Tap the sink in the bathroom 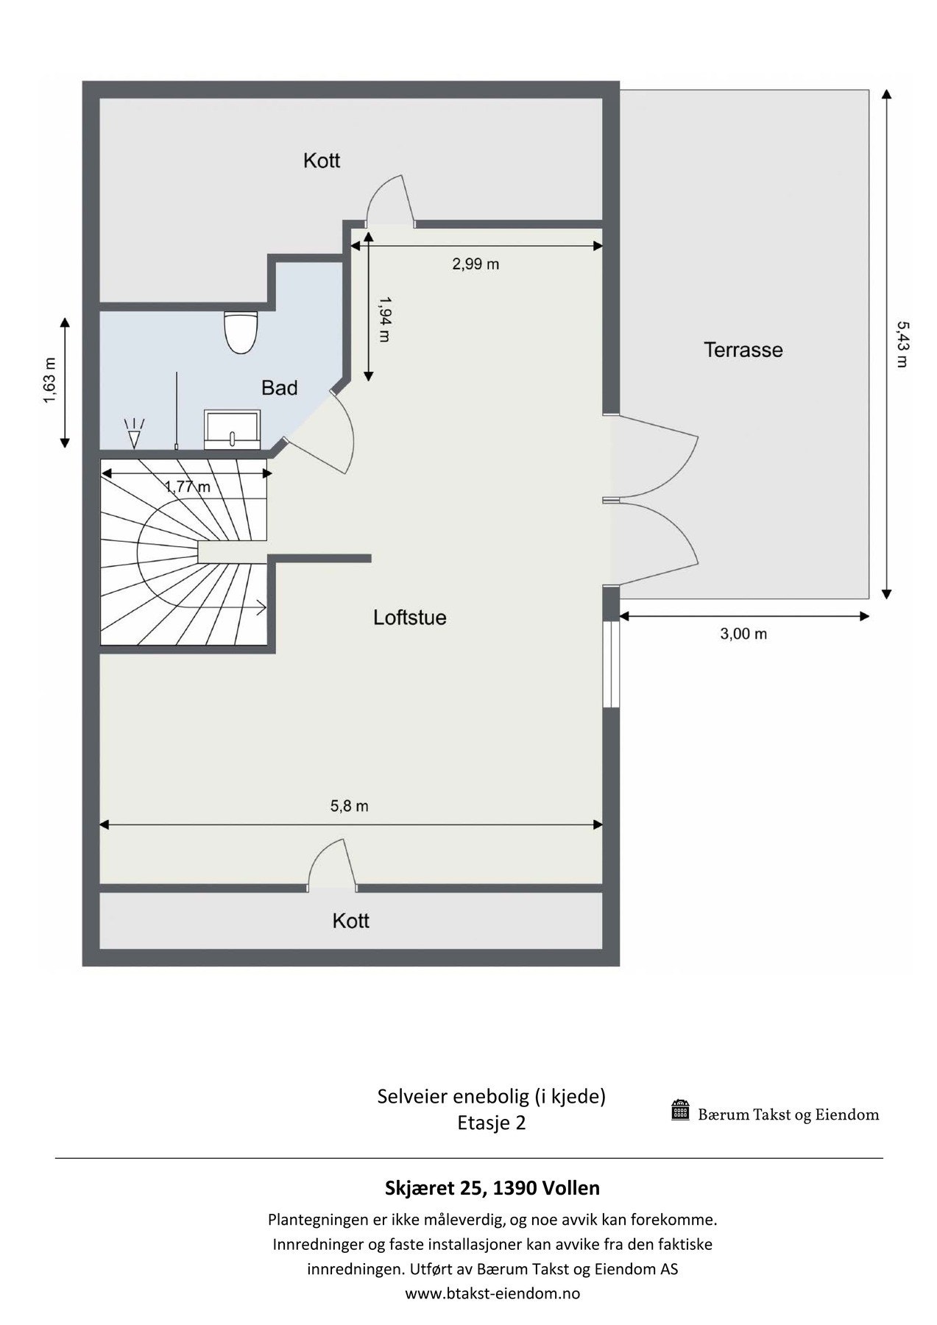pyautogui.click(x=233, y=430)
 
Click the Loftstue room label pyautogui.click(x=409, y=617)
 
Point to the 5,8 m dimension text pyautogui.click(x=349, y=806)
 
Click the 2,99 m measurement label pyautogui.click(x=475, y=264)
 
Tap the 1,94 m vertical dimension pyautogui.click(x=384, y=319)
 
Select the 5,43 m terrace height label pyautogui.click(x=902, y=344)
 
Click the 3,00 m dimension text pyautogui.click(x=743, y=634)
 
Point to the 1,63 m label pyautogui.click(x=49, y=381)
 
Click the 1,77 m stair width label pyautogui.click(x=187, y=487)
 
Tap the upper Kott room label pyautogui.click(x=322, y=160)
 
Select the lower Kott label pyautogui.click(x=350, y=921)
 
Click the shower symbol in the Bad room pyautogui.click(x=134, y=434)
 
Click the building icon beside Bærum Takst pyautogui.click(x=680, y=1111)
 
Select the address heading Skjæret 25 pyautogui.click(x=492, y=1187)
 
